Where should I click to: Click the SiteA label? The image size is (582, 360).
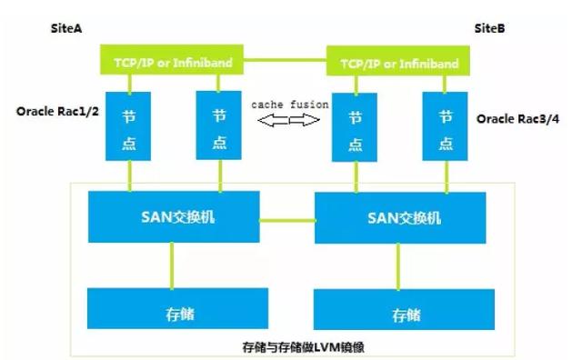[66, 29]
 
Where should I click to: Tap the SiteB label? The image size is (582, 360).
[489, 29]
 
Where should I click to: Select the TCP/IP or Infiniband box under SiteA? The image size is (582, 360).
[173, 62]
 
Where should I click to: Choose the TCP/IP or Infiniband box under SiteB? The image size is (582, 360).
[399, 64]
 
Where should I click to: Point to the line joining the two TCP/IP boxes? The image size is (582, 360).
[286, 60]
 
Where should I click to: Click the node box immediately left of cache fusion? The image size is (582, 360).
[218, 126]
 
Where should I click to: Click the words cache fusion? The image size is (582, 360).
[289, 105]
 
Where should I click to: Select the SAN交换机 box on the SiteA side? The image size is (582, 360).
[173, 216]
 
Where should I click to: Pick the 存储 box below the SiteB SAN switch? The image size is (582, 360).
[406, 315]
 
